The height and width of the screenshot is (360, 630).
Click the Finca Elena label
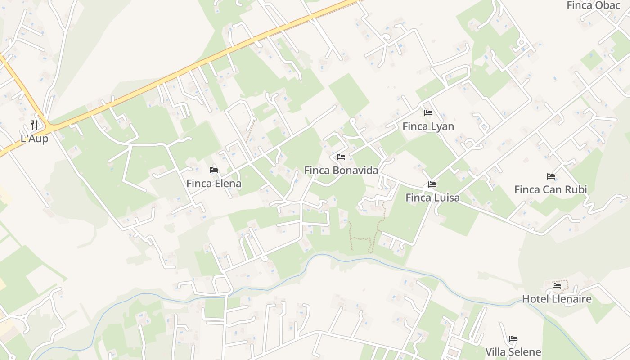pyautogui.click(x=214, y=184)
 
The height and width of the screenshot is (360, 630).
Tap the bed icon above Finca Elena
pyautogui.click(x=214, y=170)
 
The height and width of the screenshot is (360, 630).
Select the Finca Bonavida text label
pyautogui.click(x=341, y=171)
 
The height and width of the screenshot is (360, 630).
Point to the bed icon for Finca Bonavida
pyautogui.click(x=341, y=157)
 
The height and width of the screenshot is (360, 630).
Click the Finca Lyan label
pyautogui.click(x=428, y=126)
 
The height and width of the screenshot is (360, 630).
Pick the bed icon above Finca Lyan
pyautogui.click(x=428, y=113)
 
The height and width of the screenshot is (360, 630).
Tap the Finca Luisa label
pyautogui.click(x=432, y=198)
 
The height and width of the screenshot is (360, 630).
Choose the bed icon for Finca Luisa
pyautogui.click(x=432, y=184)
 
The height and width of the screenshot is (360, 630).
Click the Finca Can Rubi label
pyautogui.click(x=550, y=189)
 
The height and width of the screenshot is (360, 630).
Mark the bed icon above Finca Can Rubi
pyautogui.click(x=550, y=176)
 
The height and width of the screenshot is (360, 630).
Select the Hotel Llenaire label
pyautogui.click(x=557, y=299)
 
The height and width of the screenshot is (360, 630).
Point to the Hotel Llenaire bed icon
pyautogui.click(x=557, y=285)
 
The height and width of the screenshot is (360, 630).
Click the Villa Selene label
pyautogui.click(x=513, y=352)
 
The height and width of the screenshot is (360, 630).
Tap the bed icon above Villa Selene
pyautogui.click(x=513, y=339)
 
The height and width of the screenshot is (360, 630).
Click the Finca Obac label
pyautogui.click(x=593, y=5)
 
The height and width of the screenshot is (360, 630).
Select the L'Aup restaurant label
pyautogui.click(x=34, y=139)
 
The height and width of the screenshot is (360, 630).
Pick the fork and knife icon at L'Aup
pyautogui.click(x=34, y=125)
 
